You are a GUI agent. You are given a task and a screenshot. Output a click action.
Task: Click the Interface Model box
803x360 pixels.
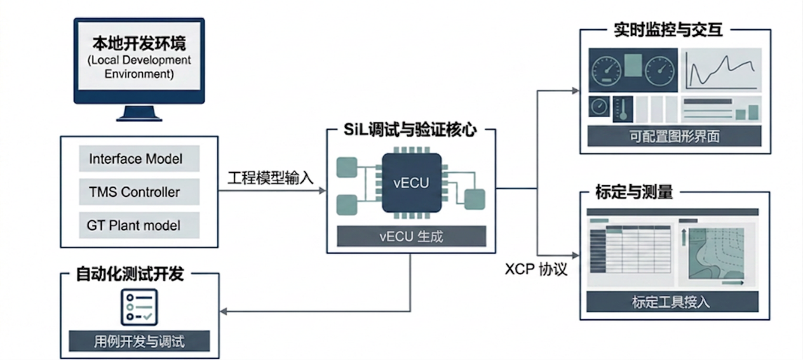coord(139,158)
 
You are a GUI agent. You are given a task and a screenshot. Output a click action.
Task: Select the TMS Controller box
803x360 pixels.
coord(139,192)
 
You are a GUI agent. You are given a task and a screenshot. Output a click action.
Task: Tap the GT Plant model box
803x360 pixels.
coord(139,225)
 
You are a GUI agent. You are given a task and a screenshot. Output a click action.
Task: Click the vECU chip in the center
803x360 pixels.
coord(412,183)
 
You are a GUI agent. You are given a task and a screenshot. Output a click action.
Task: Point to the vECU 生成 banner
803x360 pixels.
coord(412,236)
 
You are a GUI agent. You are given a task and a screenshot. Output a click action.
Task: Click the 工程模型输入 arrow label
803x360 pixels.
coord(270,178)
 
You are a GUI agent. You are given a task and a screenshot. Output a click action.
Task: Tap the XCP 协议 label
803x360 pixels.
coord(536,269)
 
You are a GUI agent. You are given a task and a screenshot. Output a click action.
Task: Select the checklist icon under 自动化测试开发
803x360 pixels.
coord(139,307)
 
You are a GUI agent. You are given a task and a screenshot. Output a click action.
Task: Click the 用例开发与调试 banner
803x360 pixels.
coord(139,341)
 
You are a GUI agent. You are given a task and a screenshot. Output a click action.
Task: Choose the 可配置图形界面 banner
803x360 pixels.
coord(674,136)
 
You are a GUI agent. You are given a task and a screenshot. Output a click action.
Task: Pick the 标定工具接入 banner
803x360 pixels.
coord(672,302)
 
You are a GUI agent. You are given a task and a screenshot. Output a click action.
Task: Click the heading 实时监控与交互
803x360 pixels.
coord(668,30)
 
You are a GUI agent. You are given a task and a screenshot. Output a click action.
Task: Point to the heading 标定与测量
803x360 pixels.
coord(634,192)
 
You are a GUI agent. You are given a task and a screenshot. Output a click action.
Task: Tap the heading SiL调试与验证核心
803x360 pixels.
coord(410,130)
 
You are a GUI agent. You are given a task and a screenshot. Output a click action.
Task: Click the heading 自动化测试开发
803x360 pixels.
coord(130,274)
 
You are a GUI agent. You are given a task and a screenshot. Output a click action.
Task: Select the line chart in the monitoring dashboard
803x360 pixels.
coord(721,70)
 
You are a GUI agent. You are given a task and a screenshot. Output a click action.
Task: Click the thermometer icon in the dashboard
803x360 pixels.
coord(623,109)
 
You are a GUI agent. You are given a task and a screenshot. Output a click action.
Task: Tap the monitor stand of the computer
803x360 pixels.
coord(139,113)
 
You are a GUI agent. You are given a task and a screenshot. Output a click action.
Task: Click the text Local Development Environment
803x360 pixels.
coord(139,67)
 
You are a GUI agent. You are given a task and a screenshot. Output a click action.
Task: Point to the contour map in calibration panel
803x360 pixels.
coord(716,253)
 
